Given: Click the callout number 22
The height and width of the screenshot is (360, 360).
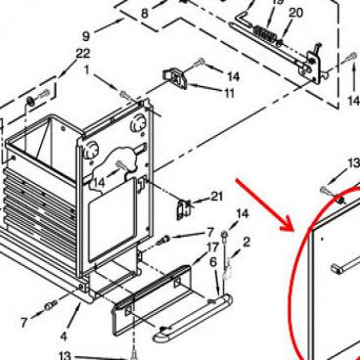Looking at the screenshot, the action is click(83, 54).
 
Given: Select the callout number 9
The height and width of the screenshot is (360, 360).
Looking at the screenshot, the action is click(86, 35).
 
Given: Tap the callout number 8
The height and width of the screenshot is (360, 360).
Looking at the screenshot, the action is click(145, 14).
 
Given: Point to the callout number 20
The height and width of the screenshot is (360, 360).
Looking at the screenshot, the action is click(295, 13).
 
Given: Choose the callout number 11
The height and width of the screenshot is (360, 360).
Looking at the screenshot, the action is click(230, 94).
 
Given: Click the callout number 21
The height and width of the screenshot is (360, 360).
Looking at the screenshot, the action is click(217, 197).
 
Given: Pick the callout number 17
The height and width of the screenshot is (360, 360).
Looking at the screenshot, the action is click(212, 247).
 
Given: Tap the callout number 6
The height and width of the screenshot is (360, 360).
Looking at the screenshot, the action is click(213, 262).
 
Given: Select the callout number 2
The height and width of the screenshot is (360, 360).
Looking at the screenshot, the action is click(247, 242).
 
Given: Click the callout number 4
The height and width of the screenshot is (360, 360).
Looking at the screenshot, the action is click(64, 337).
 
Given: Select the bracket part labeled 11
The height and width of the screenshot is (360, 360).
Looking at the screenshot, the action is click(175, 78).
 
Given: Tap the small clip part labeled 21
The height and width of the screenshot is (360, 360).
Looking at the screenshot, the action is click(183, 209).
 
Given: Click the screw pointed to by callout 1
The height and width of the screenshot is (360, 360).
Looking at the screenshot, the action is click(125, 96).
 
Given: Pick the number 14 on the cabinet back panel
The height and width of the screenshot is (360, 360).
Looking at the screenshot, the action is click(99, 183).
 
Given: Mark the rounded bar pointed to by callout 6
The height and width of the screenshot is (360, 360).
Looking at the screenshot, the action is click(193, 317).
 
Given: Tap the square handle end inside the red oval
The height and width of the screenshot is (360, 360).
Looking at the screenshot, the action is click(336, 269).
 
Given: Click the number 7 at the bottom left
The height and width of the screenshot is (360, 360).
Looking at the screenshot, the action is click(23, 323).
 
